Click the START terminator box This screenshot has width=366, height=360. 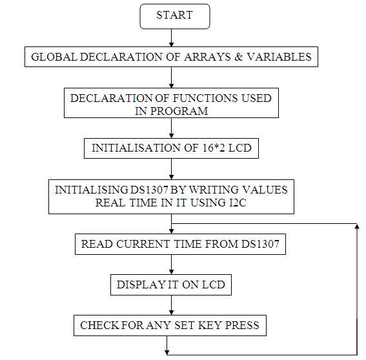tap(175, 16)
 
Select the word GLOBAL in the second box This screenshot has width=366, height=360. tap(54, 57)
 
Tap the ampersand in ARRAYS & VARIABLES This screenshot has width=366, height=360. tap(238, 57)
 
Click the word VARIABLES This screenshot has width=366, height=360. tap(279, 57)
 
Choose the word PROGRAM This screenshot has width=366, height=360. tap(179, 111)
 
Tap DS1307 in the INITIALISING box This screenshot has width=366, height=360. tap(149, 190)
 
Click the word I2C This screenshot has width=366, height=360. tap(238, 203)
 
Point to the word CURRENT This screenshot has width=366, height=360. tap(143, 244)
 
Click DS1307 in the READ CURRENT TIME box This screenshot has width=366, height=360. tap(260, 244)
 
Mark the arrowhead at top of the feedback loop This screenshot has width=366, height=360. tap(357, 226)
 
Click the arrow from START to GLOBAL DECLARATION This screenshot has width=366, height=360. tap(172, 38)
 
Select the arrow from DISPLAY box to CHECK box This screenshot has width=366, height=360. tap(172, 305)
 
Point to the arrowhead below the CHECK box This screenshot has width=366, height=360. tap(167, 352)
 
